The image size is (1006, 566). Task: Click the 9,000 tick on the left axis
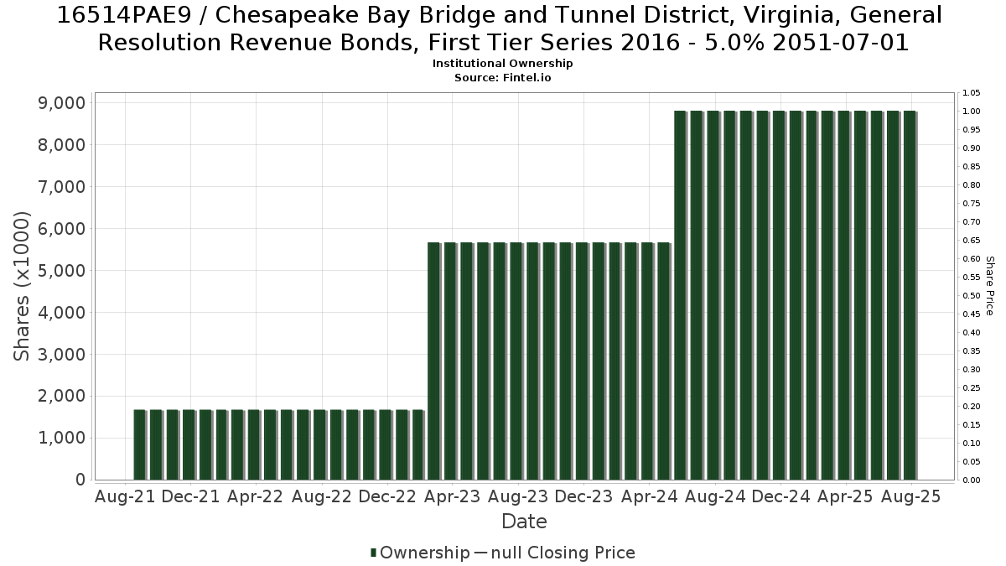(61, 103)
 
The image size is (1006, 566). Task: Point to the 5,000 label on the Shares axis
(61, 270)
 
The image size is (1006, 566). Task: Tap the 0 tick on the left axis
(80, 480)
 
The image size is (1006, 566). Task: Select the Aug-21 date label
(125, 496)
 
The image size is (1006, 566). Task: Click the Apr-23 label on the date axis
(452, 496)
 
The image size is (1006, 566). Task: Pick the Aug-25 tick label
(910, 496)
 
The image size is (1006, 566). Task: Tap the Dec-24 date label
(780, 496)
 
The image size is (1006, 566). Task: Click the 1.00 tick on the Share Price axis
(972, 112)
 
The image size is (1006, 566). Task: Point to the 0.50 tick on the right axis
(972, 295)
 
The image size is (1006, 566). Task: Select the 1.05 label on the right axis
(972, 93)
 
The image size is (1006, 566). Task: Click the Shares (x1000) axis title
(22, 286)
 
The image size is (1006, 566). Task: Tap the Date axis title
(524, 522)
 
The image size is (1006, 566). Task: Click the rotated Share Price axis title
(989, 286)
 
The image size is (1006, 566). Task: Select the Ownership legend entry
(420, 553)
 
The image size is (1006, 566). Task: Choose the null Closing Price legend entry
(555, 553)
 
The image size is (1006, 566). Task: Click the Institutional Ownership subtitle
(502, 64)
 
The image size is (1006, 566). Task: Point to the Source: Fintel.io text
(502, 78)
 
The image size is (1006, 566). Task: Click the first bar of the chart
(140, 444)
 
